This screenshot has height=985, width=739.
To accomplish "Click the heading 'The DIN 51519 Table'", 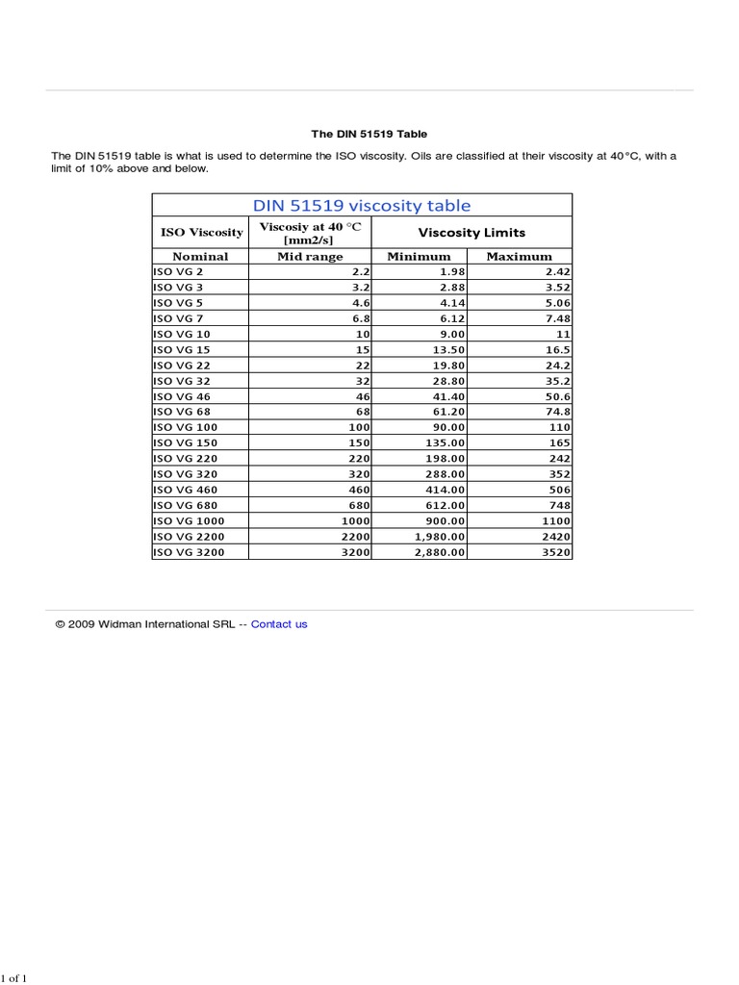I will [x=369, y=134].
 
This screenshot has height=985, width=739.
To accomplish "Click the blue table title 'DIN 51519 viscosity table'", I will [x=361, y=205].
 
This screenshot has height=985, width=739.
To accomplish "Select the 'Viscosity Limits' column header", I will [x=471, y=233].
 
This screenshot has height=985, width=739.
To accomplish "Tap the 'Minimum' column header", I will [x=419, y=257].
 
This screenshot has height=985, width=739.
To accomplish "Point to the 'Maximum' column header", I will [x=520, y=257].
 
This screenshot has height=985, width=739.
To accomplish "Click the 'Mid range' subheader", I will [x=310, y=257].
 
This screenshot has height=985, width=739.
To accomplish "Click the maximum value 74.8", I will [x=558, y=412].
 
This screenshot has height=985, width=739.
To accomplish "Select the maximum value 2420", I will [x=555, y=537].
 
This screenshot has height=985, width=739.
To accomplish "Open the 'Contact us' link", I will [x=279, y=624].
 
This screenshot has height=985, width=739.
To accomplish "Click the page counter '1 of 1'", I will [x=13, y=979].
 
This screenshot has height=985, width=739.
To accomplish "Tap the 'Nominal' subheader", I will [x=200, y=257].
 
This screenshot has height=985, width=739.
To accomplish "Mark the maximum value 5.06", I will [x=556, y=303].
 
